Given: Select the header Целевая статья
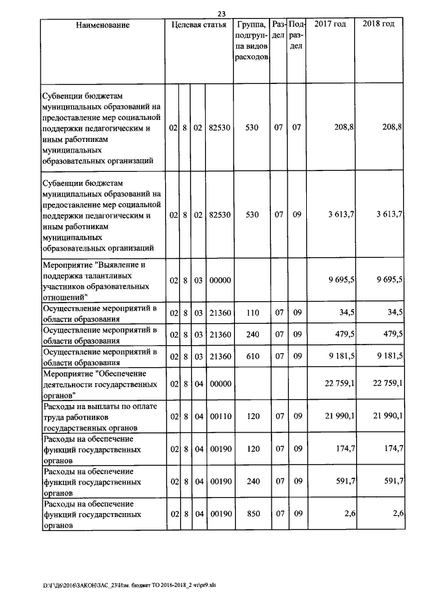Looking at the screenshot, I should pyautogui.click(x=199, y=25).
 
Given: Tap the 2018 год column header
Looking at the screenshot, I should pyautogui.click(x=379, y=25).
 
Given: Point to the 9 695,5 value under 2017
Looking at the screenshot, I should pyautogui.click(x=340, y=281).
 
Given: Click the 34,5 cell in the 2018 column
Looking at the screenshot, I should pyautogui.click(x=394, y=312).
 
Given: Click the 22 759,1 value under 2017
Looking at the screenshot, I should pyautogui.click(x=338, y=384).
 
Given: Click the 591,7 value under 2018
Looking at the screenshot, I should pyautogui.click(x=393, y=481).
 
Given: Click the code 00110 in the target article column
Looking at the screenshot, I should pyautogui.click(x=219, y=416).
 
